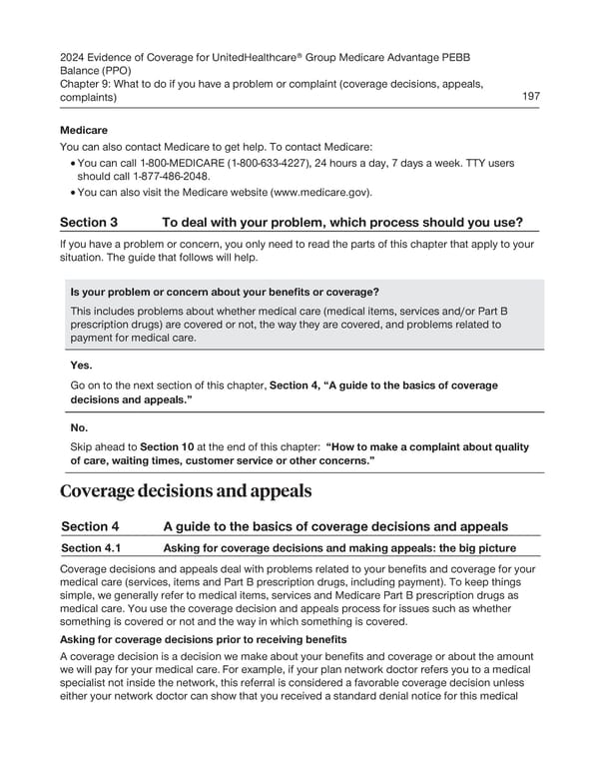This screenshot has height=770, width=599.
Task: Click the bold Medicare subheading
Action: (84, 130)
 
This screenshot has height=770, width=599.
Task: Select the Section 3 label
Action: (89, 222)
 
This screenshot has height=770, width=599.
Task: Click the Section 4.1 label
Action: (94, 547)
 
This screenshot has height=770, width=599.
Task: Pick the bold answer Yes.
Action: (81, 366)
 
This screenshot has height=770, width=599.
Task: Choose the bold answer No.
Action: (79, 427)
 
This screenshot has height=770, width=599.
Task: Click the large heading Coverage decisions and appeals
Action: (187, 491)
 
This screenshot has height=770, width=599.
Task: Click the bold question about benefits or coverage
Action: (225, 292)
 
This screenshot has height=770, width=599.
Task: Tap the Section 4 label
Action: (90, 526)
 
